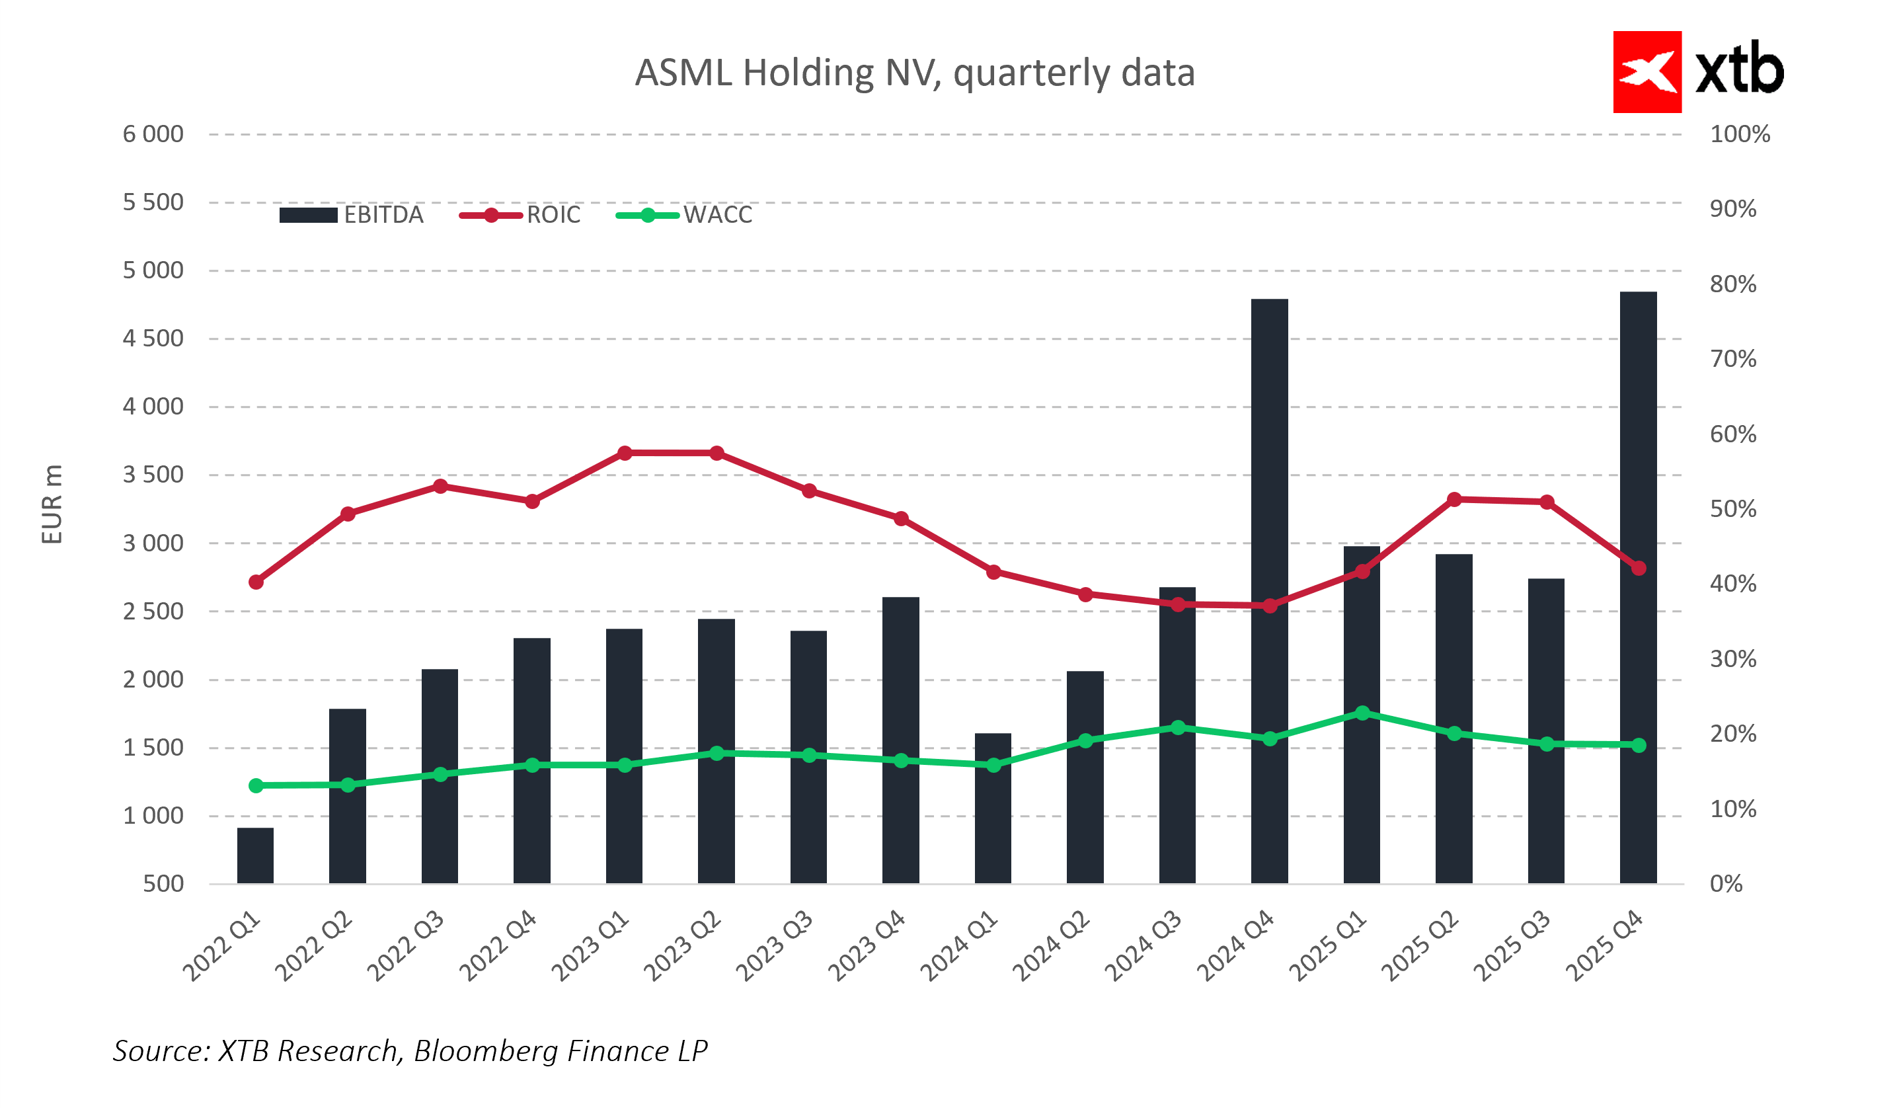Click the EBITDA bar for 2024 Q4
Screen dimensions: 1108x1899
(1270, 592)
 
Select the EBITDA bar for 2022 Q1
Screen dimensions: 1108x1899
(255, 855)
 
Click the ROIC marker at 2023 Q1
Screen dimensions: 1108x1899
(625, 453)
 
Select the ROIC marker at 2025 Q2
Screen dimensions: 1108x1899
(1454, 500)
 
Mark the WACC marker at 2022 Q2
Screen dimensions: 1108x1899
(348, 785)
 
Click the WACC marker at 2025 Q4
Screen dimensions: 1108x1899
(1639, 744)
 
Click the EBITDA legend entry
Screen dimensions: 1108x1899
(351, 216)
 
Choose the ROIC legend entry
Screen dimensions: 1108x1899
(520, 216)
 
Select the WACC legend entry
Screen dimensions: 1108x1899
(684, 216)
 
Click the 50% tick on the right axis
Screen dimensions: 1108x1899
(1732, 510)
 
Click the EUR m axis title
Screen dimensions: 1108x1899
(52, 504)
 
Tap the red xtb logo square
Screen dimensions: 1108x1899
(1647, 72)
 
